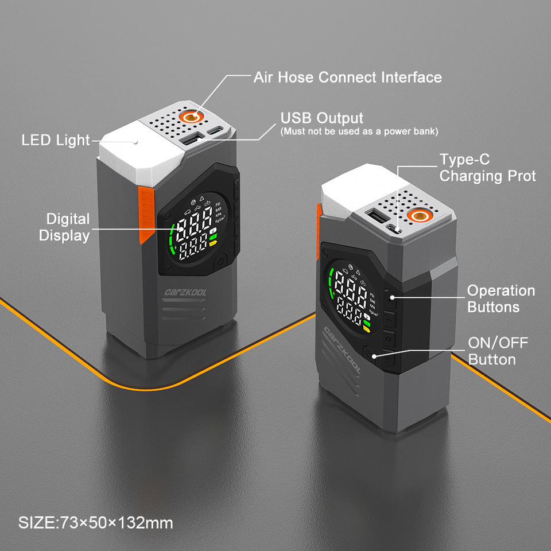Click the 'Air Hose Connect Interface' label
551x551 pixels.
(347, 77)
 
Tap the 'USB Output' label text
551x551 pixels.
(321, 118)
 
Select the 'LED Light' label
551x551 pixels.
(56, 140)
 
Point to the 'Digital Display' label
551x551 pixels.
(68, 227)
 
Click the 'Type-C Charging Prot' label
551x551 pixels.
(487, 168)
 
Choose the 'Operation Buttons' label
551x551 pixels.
(500, 298)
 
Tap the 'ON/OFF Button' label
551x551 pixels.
(498, 351)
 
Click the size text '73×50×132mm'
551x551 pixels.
(96, 523)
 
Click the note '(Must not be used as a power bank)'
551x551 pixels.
(359, 132)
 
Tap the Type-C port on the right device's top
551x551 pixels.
(393, 229)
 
